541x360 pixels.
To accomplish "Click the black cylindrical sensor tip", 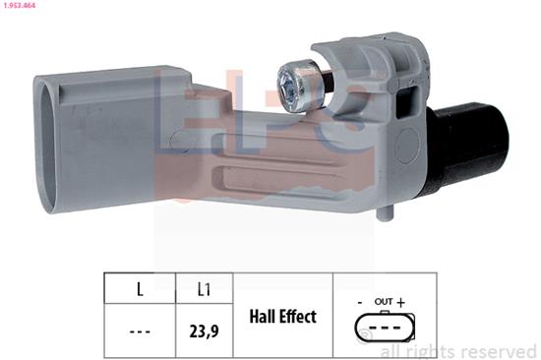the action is click(468, 147).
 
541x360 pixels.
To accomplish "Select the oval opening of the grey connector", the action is click(47, 146).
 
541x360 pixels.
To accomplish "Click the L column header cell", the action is click(140, 289).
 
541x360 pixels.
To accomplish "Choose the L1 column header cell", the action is click(204, 289).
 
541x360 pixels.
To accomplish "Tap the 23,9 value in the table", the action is click(204, 331).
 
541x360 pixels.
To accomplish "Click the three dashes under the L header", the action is click(140, 332).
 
